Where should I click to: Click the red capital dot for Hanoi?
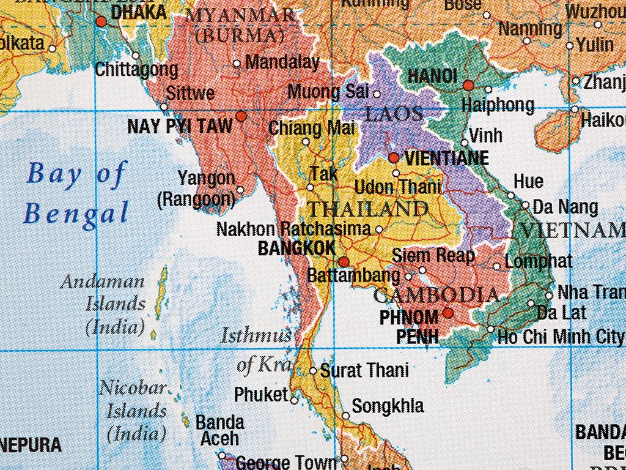(468, 86)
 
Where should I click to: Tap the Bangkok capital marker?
(344, 262)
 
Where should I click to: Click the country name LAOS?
(394, 114)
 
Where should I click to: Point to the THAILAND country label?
(367, 209)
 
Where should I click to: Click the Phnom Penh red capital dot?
(447, 313)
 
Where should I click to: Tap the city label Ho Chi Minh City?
(561, 337)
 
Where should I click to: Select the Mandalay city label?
(282, 62)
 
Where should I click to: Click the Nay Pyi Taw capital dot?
(241, 116)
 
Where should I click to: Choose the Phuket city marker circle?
(294, 400)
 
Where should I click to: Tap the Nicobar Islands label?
(133, 411)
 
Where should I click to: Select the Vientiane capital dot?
(394, 158)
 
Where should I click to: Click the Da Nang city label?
(565, 207)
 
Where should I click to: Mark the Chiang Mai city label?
(312, 129)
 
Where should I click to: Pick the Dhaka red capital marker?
(101, 21)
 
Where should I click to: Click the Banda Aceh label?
(219, 430)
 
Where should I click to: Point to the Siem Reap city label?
(433, 255)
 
